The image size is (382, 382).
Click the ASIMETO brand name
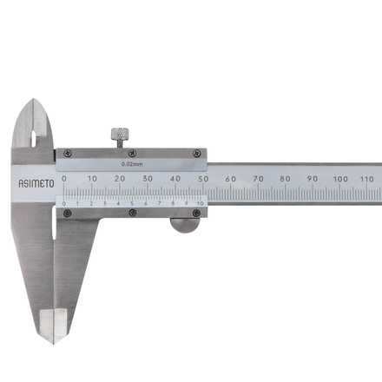pyautogui.click(x=36, y=184)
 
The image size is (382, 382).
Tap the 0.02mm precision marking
pyautogui.click(x=132, y=164)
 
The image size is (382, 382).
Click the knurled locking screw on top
pyautogui.click(x=120, y=138)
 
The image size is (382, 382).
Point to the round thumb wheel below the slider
pyautogui.click(x=185, y=226)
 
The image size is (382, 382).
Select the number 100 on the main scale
pyautogui.click(x=340, y=179)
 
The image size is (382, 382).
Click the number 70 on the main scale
pyautogui.click(x=258, y=179)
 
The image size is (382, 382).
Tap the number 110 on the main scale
pyautogui.click(x=367, y=179)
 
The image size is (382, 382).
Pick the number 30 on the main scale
pyautogui.click(x=148, y=179)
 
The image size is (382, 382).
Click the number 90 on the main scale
pyautogui.click(x=313, y=179)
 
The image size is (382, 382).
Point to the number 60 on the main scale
pyautogui.click(x=231, y=179)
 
